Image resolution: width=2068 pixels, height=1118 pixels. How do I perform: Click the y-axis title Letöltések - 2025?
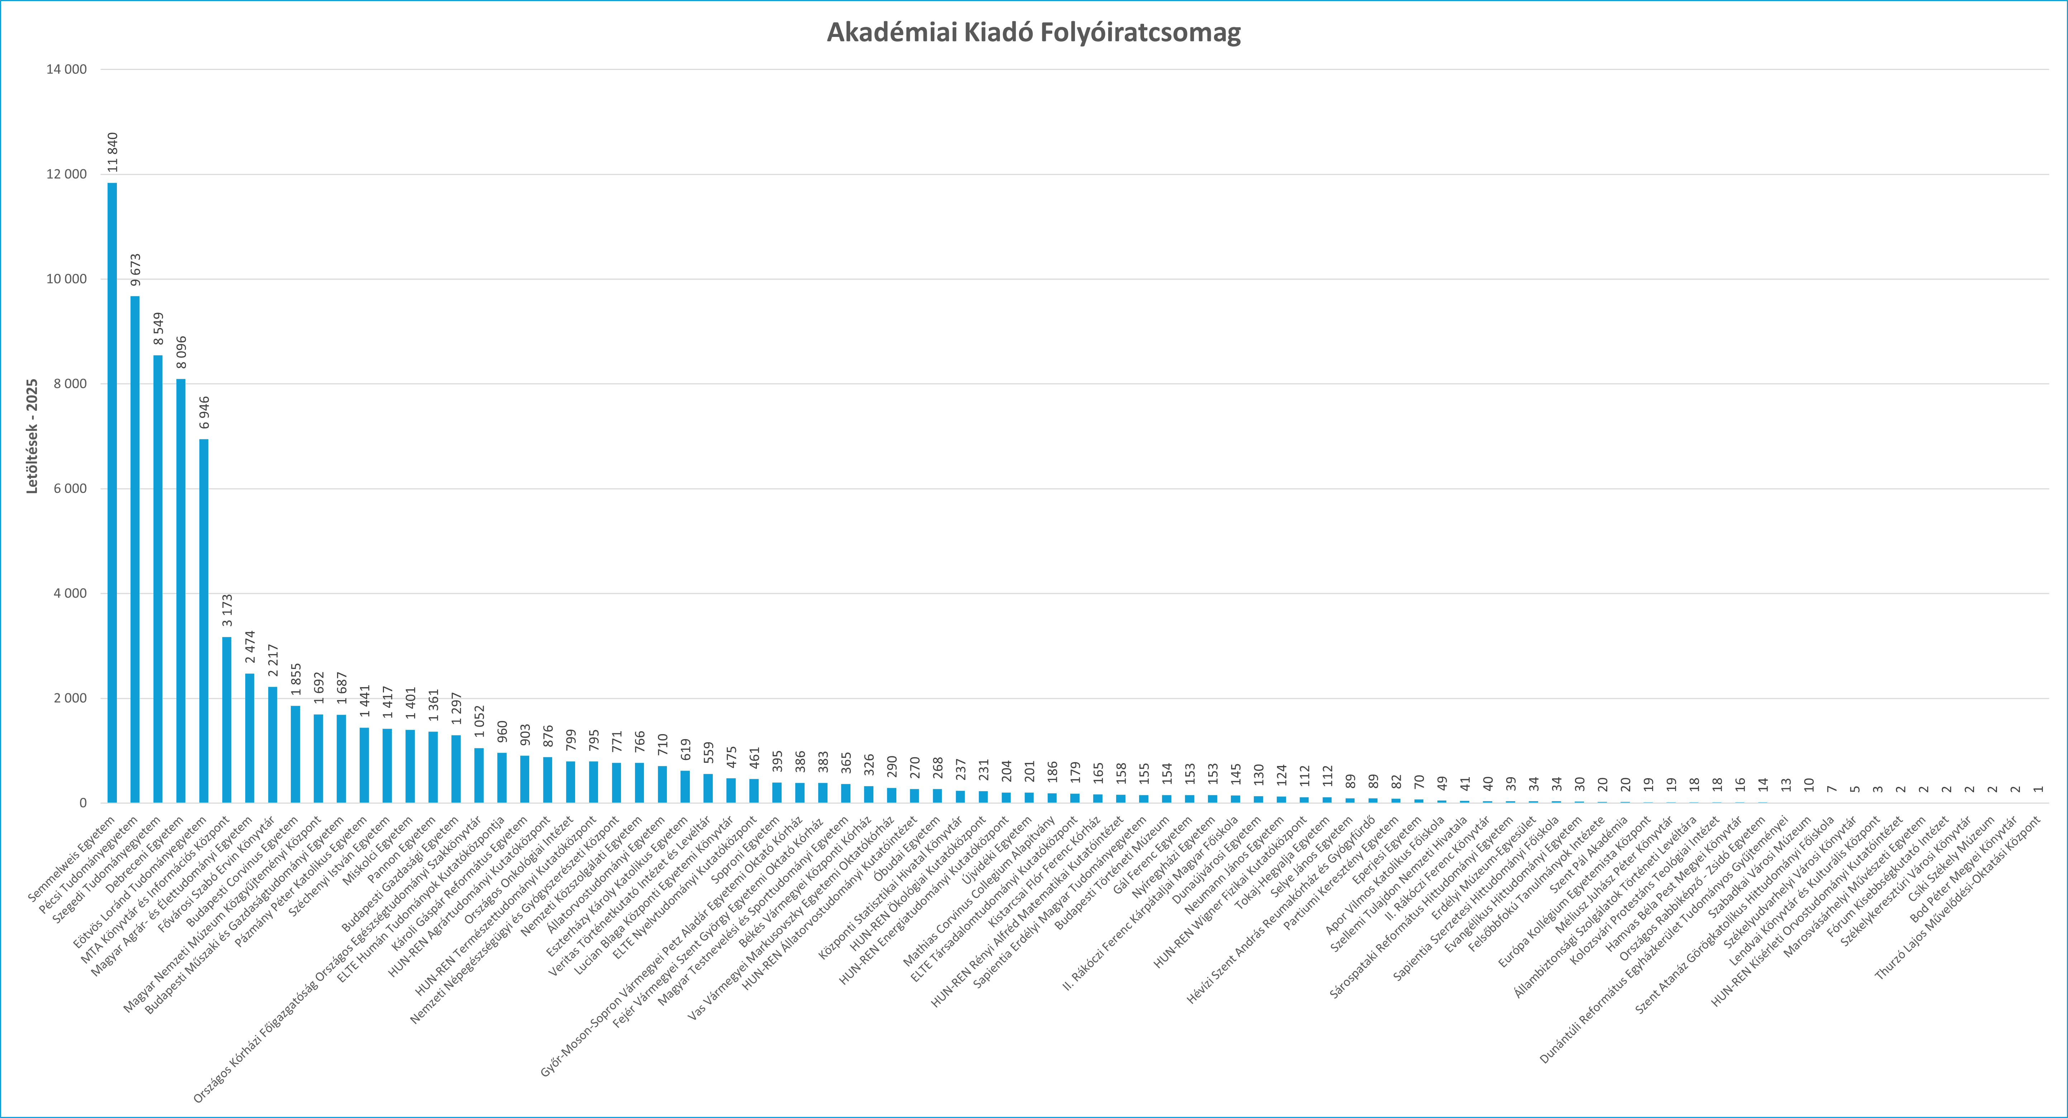tap(32, 436)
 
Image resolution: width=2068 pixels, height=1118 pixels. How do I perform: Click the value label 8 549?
tap(158, 329)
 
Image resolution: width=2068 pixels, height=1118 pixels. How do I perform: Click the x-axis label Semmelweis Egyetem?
tap(72, 859)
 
